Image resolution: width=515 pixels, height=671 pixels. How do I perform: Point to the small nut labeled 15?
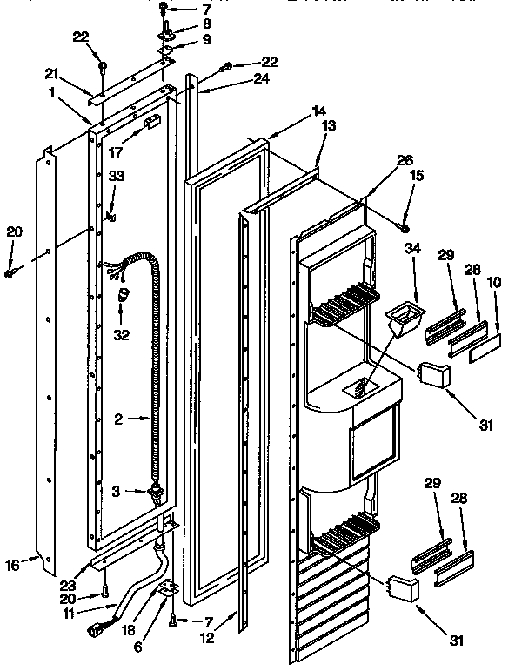coord(405,228)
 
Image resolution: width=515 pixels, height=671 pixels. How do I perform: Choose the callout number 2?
coord(118,419)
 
